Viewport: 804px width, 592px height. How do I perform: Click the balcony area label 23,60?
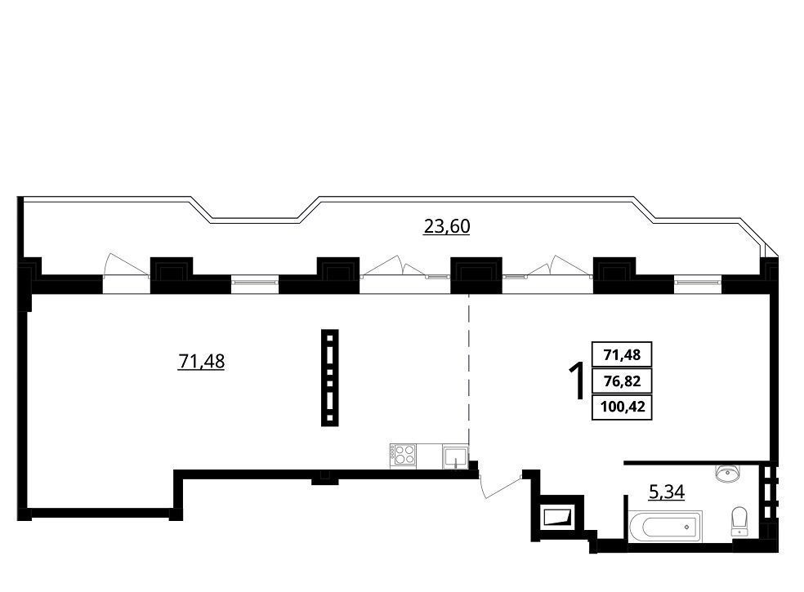coord(447,226)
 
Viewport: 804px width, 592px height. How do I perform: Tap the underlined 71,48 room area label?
coord(201,362)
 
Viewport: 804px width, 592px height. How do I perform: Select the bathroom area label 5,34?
coord(667,492)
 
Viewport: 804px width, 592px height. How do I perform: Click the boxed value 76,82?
coord(622,381)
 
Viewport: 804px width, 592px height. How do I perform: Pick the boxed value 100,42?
coord(622,407)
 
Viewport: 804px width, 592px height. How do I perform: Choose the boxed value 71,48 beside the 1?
coord(622,354)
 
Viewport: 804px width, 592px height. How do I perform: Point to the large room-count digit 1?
coord(578,381)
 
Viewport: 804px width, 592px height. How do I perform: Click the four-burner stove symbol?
coord(403,455)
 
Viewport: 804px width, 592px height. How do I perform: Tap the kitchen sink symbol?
coord(456,456)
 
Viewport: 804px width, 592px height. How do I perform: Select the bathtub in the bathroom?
coord(665,526)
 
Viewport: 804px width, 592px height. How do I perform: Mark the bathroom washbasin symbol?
coord(726,473)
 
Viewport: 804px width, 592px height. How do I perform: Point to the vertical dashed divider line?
coord(469,368)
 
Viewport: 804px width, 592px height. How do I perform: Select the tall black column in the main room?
coord(330,378)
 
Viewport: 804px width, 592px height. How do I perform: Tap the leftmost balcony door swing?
coord(127,265)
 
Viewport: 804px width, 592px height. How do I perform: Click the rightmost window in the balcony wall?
coord(697,282)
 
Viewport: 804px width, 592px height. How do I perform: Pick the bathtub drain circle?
coord(686,527)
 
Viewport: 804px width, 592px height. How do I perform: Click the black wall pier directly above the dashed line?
coord(476,275)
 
